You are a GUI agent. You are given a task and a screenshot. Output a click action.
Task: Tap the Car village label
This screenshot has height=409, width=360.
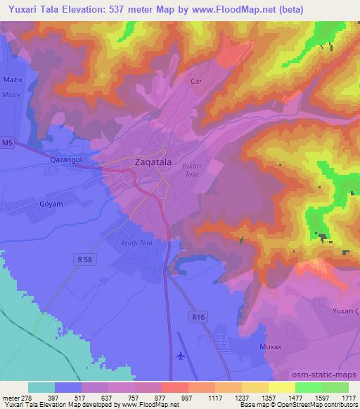pos(197,82)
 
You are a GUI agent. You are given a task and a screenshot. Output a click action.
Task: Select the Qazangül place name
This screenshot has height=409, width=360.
pos(67,160)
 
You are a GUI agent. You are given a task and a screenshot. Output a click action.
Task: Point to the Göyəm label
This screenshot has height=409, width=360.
pos(51,204)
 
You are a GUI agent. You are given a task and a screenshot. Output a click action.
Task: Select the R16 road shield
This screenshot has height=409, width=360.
pos(200,317)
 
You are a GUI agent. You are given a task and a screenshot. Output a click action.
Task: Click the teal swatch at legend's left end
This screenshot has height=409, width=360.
pos(41,387)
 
